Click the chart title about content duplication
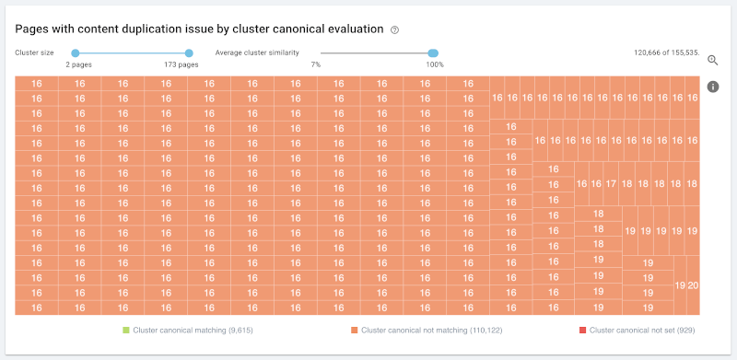pos(199,29)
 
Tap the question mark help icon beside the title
pos(395,30)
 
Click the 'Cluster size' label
pos(34,52)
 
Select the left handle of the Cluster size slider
pos(76,53)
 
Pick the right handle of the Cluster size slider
pos(189,53)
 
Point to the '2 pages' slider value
pos(79,64)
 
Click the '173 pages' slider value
pos(178,64)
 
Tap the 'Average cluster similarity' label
pos(257,52)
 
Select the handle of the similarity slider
pos(433,53)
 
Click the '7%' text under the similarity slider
pos(316,64)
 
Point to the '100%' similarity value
pos(435,64)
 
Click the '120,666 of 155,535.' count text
pos(667,52)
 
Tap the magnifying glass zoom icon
pos(713,60)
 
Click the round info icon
pos(713,87)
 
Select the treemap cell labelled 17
pos(611,184)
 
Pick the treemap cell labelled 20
pos(694,285)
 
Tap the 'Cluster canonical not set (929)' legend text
pos(642,331)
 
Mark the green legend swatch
pos(125,331)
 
